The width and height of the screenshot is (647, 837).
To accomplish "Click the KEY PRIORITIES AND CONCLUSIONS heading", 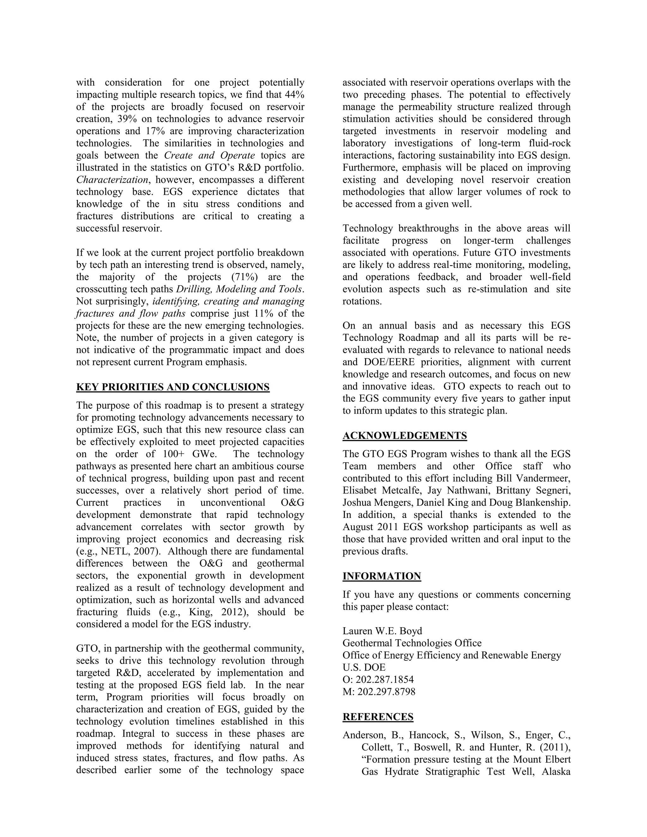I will tap(172, 387).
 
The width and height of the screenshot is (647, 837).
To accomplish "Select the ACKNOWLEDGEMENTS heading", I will tap(404, 436).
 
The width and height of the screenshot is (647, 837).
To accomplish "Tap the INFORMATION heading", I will tap(382, 576).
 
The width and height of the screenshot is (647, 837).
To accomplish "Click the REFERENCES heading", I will tap(378, 717).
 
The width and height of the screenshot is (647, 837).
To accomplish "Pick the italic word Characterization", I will tap(112, 180).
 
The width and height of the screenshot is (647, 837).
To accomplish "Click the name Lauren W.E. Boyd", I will tap(382, 631).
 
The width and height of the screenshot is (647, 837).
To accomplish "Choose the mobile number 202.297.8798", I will tap(386, 692).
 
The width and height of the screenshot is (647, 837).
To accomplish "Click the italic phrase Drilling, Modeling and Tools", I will tap(239, 289).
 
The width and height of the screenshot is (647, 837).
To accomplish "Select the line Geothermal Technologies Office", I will tap(412, 643).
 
